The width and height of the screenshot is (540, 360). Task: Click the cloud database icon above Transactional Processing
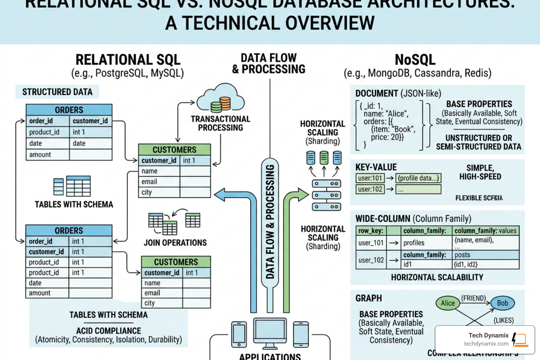click(x=221, y=99)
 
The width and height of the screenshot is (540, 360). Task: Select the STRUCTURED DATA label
click(x=57, y=92)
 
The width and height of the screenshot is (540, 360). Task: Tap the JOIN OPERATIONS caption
click(x=175, y=243)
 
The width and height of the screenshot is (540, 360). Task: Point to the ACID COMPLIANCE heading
click(x=108, y=331)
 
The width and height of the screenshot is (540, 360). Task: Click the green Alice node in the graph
click(x=448, y=303)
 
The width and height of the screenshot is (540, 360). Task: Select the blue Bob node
click(x=502, y=303)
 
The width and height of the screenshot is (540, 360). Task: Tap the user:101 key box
click(x=370, y=178)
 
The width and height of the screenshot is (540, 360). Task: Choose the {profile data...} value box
click(x=418, y=178)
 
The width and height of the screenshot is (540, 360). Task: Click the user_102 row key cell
click(x=371, y=260)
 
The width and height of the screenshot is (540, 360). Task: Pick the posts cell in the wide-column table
click(x=462, y=255)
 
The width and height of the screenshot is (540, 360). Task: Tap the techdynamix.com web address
click(x=486, y=344)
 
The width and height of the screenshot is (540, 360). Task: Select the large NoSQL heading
click(x=415, y=60)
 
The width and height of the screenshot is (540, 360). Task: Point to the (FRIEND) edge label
click(x=473, y=298)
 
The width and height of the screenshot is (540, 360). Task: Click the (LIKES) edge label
click(x=503, y=320)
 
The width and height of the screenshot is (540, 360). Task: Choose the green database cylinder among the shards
click(x=324, y=158)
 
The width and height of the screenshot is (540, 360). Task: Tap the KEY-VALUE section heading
click(x=376, y=167)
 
